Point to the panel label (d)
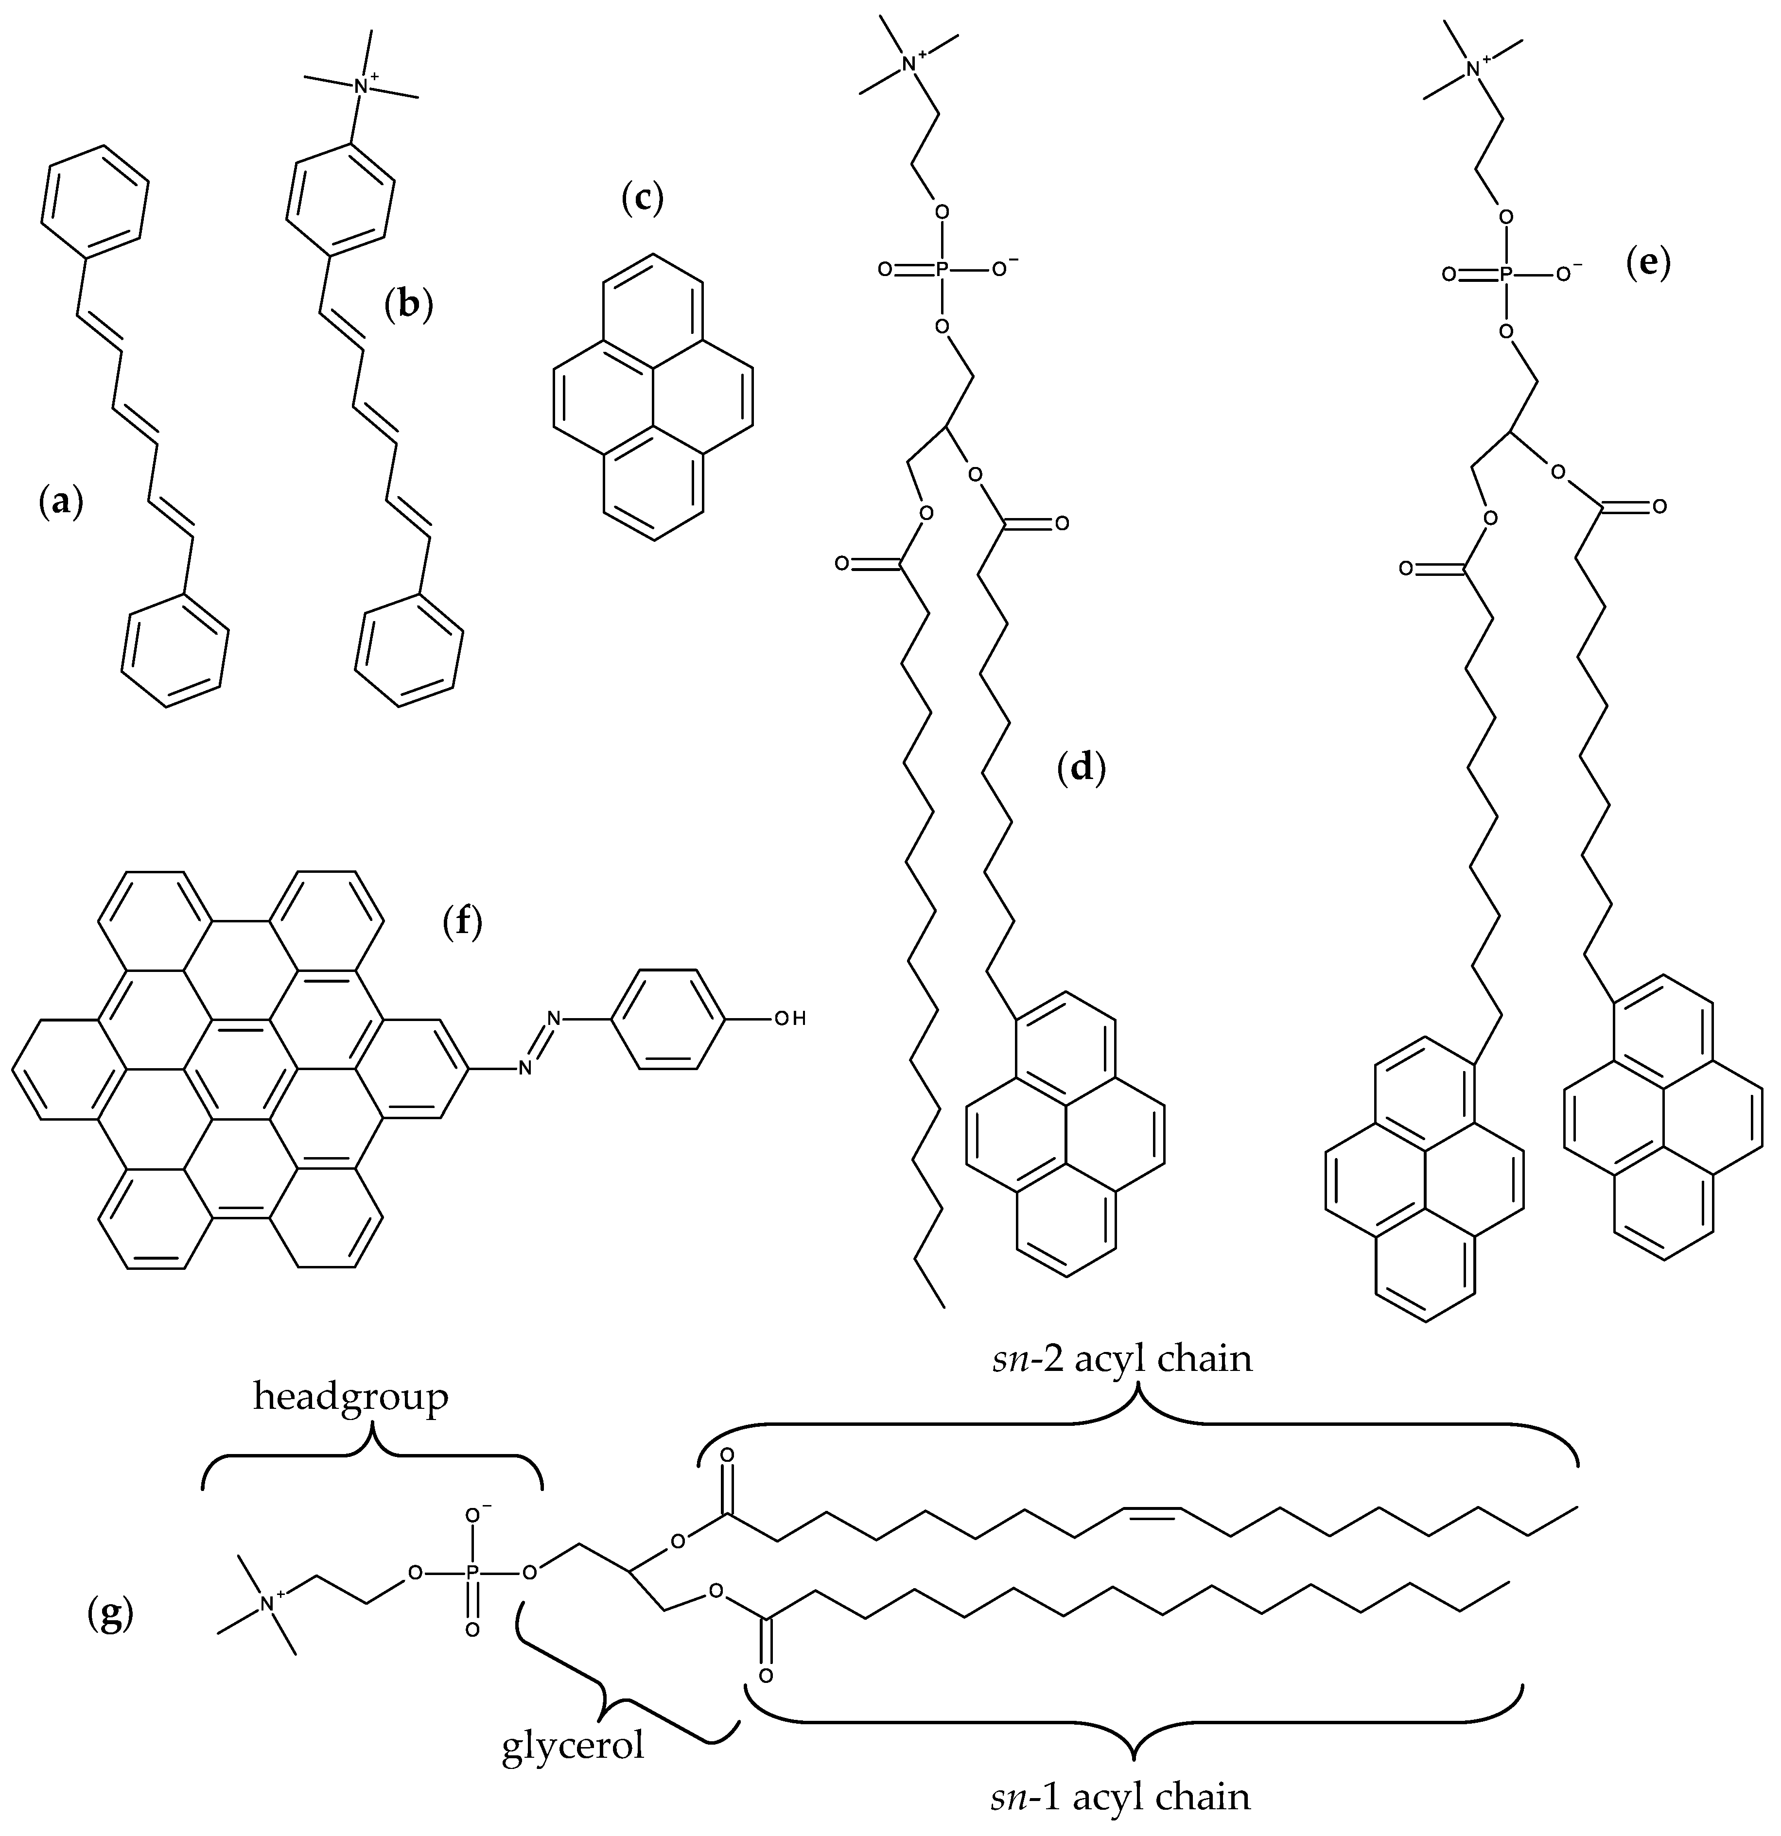click(1081, 768)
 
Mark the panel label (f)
click(462, 923)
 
